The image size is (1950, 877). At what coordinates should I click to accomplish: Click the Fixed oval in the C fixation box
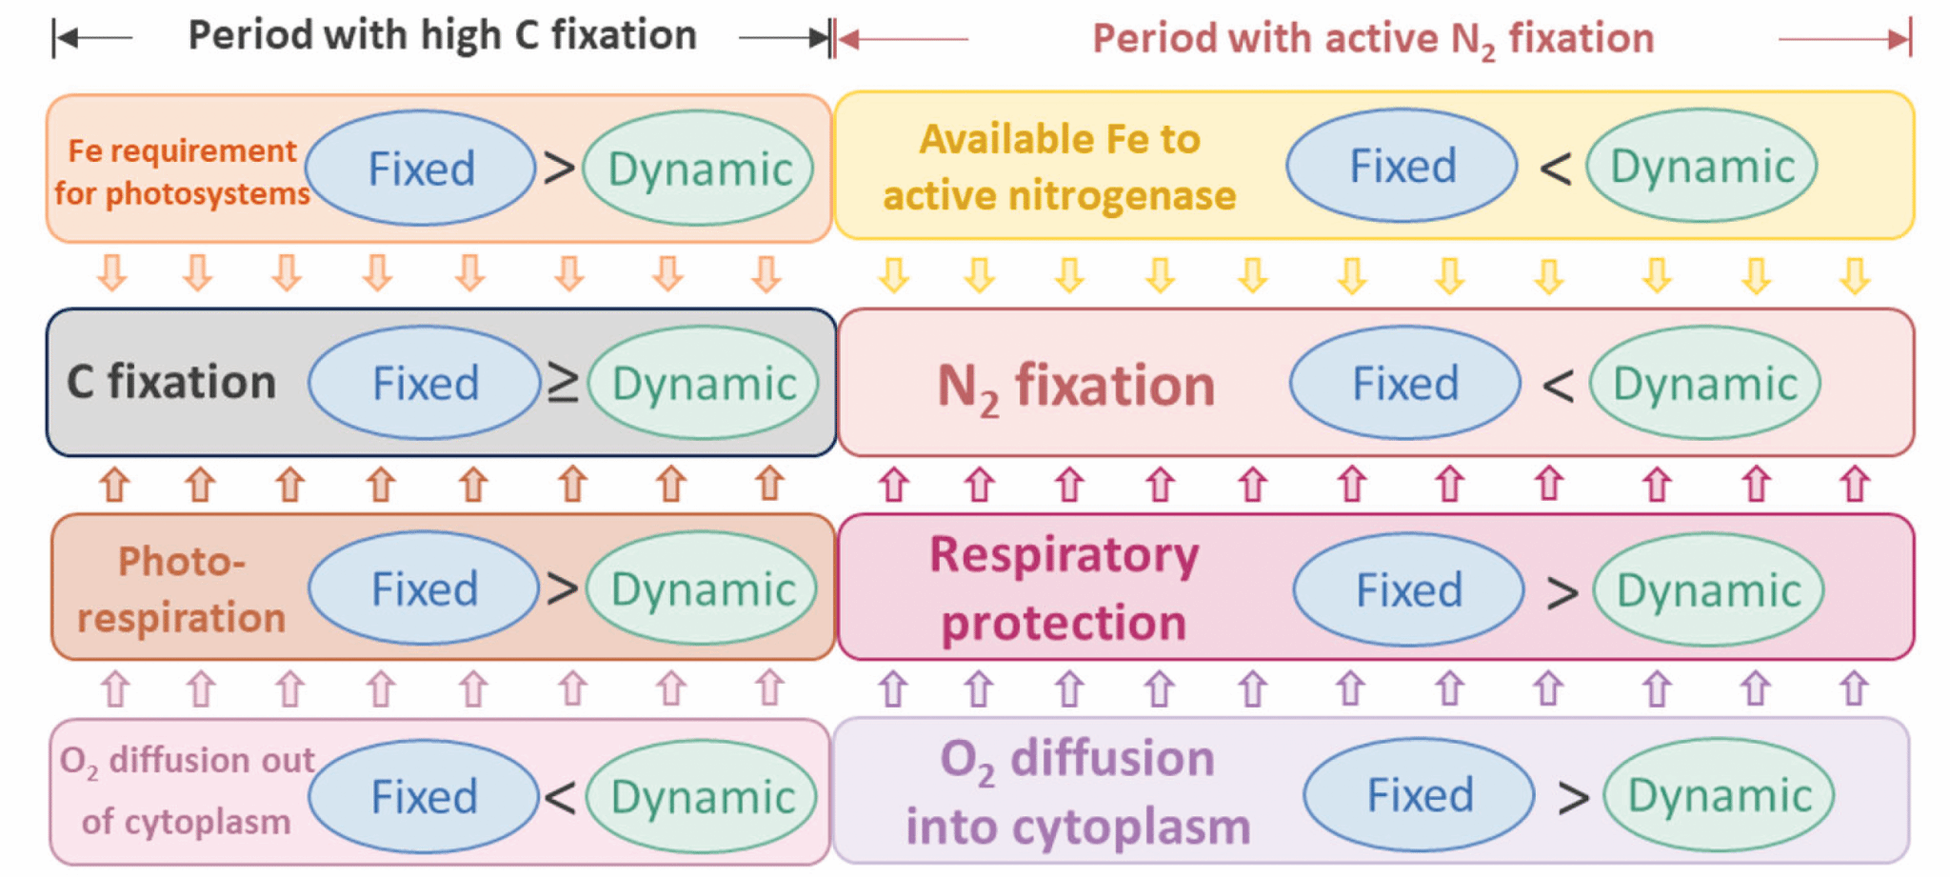425,383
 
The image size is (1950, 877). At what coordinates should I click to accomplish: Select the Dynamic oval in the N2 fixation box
1704,384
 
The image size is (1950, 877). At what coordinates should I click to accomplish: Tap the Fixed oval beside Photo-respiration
424,588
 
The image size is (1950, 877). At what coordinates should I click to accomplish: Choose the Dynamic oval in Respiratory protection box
1708,590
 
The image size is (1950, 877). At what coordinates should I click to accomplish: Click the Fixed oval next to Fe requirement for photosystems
421,169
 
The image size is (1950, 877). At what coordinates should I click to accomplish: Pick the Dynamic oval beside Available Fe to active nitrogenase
1701,167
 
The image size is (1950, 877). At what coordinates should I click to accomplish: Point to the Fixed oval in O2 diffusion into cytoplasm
1419,794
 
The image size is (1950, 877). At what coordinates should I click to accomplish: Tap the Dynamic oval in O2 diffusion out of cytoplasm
702,796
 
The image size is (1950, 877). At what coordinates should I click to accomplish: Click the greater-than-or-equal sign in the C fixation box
563,384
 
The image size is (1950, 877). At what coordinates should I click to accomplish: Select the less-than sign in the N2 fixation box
1558,386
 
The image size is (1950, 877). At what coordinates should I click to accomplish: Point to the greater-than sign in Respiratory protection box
1562,593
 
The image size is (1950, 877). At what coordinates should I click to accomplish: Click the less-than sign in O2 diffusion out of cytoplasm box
561,797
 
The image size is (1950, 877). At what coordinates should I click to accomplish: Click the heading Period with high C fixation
442,36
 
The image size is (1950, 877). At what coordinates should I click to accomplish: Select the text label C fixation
171,382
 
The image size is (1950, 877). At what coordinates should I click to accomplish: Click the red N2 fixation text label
1076,387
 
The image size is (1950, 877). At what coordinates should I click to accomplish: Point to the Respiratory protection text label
1064,588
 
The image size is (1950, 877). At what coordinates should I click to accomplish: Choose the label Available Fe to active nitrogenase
1059,167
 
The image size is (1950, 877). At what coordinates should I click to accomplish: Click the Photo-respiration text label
181,588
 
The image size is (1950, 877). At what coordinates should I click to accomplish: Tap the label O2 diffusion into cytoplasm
1077,792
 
